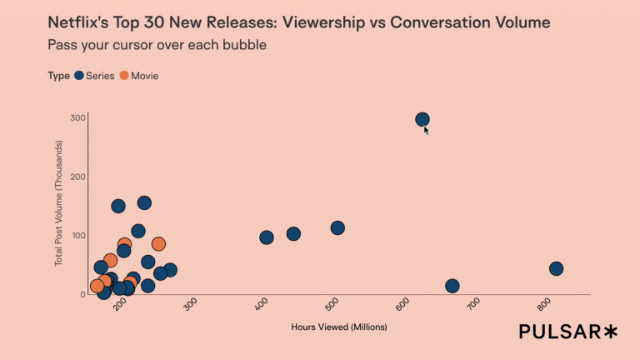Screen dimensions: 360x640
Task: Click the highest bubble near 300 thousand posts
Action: click(x=422, y=120)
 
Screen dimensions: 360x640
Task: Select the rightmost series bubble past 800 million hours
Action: click(x=557, y=268)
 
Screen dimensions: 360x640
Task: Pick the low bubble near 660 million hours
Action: click(x=452, y=286)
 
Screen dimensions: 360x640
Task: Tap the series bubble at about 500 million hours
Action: click(x=337, y=227)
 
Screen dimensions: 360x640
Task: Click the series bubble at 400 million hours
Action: click(x=267, y=237)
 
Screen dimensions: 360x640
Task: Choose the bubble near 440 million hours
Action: click(x=293, y=233)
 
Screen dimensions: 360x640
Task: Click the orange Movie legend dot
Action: click(x=124, y=76)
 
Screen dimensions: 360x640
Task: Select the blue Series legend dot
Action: click(x=79, y=76)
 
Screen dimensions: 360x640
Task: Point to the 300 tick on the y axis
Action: click(x=78, y=117)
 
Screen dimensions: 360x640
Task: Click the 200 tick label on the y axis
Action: click(x=78, y=177)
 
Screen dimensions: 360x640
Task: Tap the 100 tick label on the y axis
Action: click(x=78, y=236)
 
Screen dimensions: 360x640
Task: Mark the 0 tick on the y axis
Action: click(x=82, y=294)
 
